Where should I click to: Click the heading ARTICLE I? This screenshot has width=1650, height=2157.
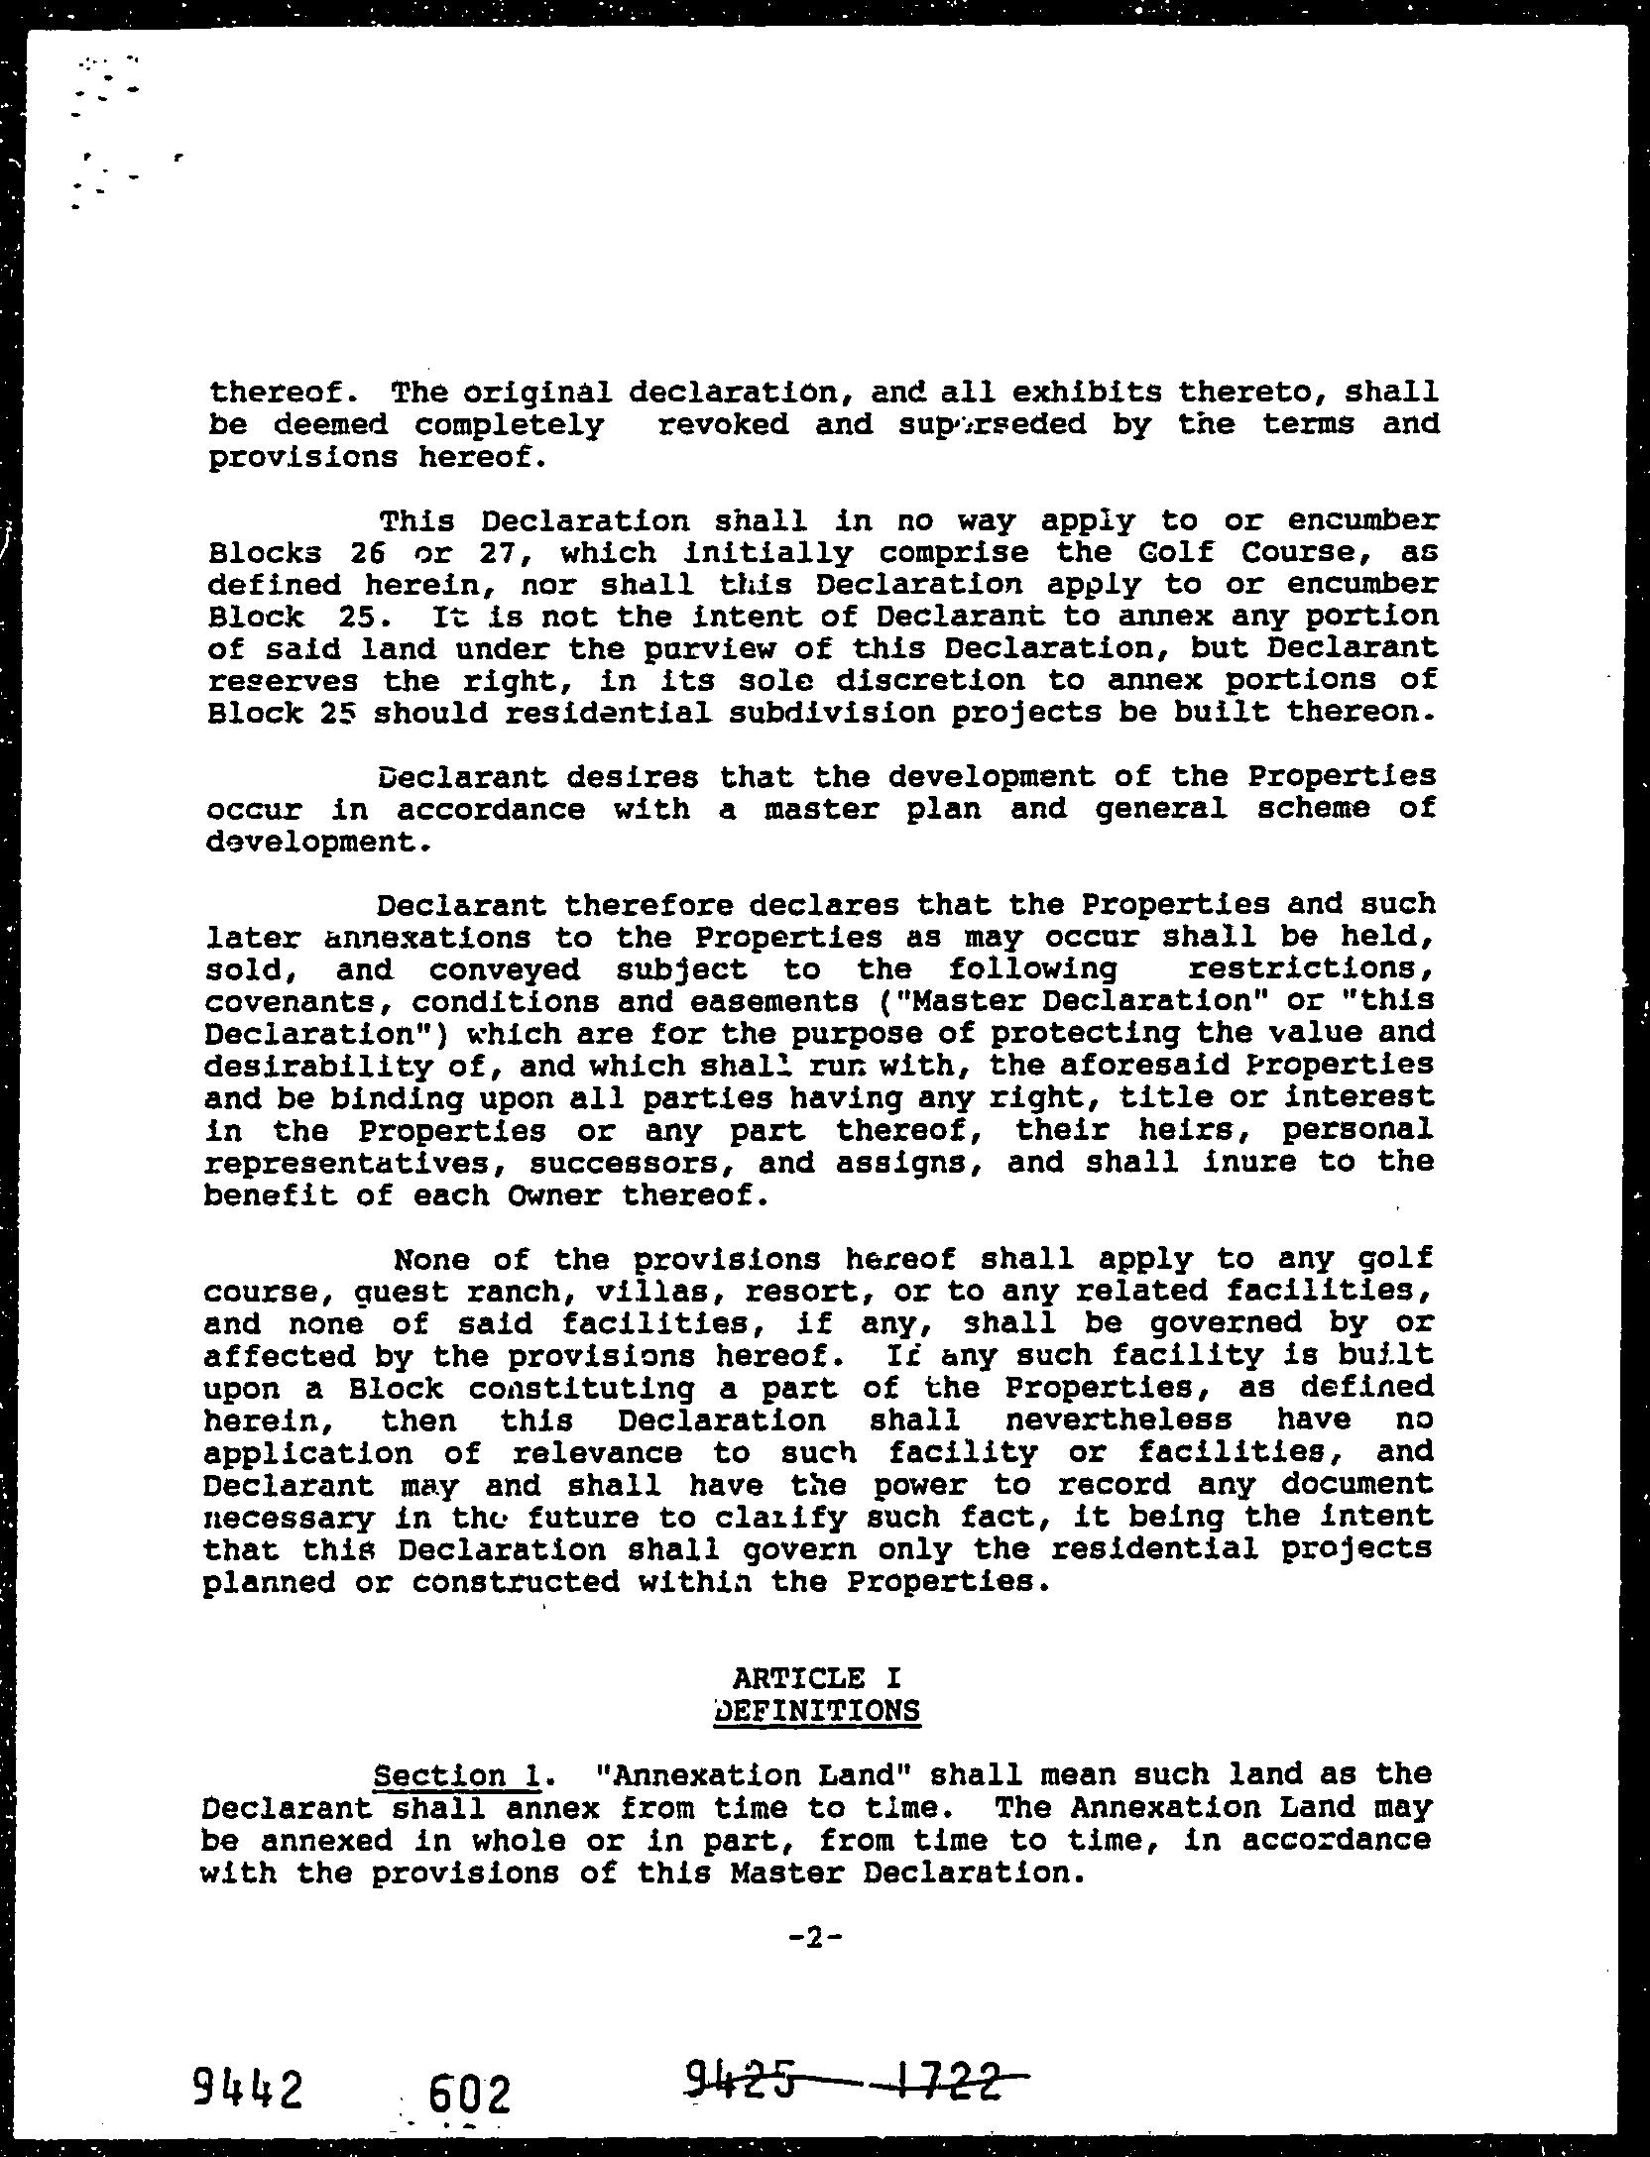[x=816, y=1678]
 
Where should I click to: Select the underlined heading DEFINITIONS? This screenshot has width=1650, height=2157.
[x=816, y=1712]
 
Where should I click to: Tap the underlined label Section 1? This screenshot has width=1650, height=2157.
[x=455, y=1775]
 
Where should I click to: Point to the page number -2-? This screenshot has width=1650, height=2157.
[x=816, y=1939]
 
